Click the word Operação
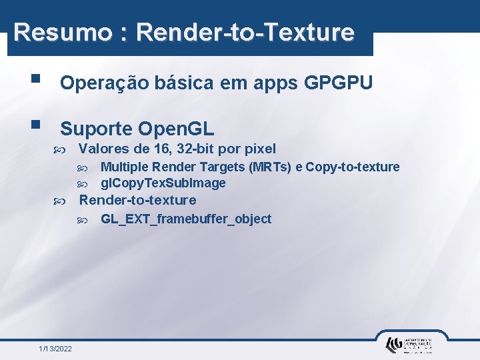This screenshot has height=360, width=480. click(100, 83)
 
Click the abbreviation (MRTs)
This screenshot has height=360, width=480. click(269, 167)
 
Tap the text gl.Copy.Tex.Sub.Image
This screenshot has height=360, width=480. click(163, 183)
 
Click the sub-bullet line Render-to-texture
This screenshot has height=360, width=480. click(138, 200)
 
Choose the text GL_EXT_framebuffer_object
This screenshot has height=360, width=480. click(185, 219)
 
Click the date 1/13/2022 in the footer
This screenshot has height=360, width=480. click(56, 349)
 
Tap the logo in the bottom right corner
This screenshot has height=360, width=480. click(409, 344)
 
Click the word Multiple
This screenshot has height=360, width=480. click(124, 167)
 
